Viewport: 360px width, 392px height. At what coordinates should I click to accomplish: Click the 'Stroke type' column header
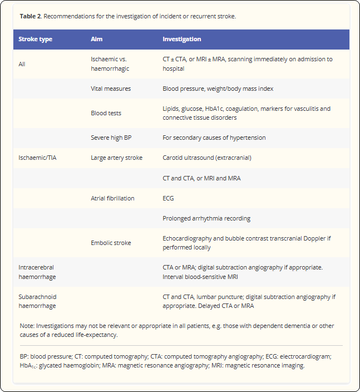click(x=35, y=40)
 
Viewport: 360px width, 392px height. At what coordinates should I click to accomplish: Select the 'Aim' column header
click(x=97, y=40)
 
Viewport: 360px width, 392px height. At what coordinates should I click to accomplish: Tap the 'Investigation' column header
click(x=182, y=40)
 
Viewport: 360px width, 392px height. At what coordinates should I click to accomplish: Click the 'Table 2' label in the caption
click(x=31, y=16)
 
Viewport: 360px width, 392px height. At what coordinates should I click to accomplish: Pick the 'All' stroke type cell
click(x=22, y=64)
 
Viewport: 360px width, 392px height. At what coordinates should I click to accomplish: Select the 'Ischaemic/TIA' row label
click(x=37, y=158)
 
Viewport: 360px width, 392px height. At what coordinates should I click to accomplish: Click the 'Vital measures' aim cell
click(x=111, y=89)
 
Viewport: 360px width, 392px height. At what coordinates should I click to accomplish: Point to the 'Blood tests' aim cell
click(x=106, y=113)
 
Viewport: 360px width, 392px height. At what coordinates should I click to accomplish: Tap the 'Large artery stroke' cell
click(x=116, y=158)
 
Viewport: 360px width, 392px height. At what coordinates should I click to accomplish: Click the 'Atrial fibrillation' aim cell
click(x=112, y=198)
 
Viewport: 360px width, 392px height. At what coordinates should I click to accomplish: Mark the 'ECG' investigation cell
click(x=168, y=198)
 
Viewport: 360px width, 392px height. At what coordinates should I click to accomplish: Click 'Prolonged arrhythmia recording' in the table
click(x=206, y=218)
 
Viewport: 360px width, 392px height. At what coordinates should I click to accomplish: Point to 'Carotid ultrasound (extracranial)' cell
click(x=207, y=158)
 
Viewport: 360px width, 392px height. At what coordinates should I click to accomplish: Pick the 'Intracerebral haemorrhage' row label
click(x=37, y=272)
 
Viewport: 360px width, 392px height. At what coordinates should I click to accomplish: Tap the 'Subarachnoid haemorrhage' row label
click(x=37, y=301)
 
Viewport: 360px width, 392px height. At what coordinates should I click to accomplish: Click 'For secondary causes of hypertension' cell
click(x=214, y=138)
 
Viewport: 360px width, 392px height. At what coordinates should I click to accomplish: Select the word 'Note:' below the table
click(x=27, y=326)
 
